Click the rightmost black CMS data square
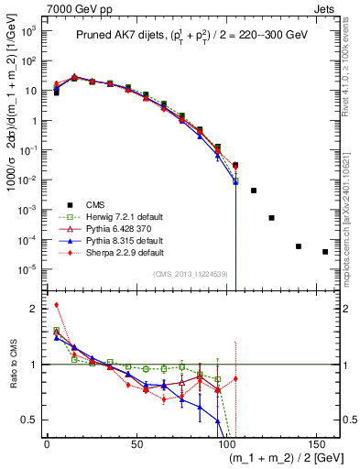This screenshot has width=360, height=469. tap(325, 251)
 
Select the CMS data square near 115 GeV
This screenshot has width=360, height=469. tap(254, 191)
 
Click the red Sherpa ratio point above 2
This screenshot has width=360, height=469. tap(56, 305)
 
